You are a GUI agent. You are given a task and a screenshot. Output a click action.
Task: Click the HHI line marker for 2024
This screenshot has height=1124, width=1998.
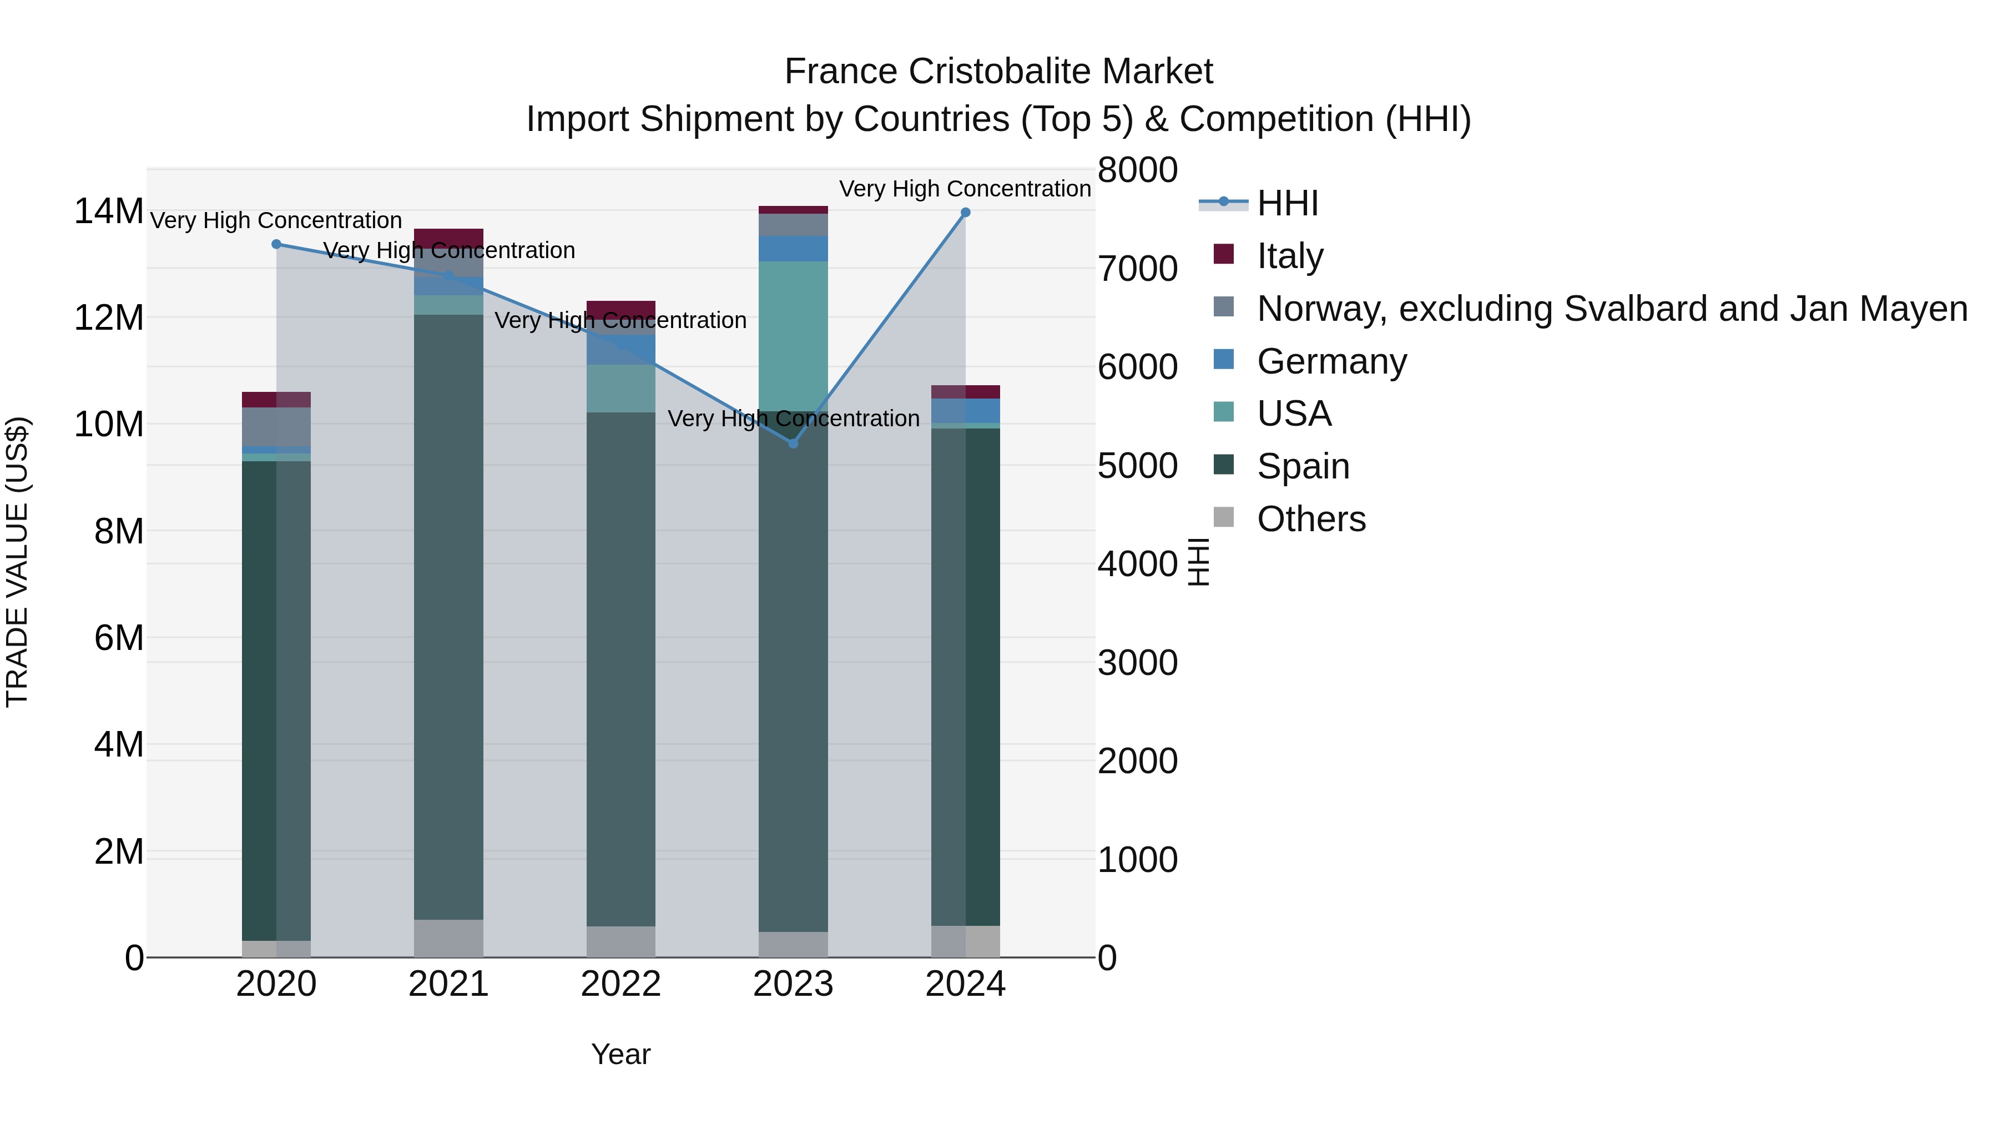tap(966, 213)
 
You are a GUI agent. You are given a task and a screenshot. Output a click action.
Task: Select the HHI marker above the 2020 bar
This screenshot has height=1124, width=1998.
tap(276, 244)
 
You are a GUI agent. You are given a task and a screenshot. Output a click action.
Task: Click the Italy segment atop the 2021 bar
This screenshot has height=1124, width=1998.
tap(448, 238)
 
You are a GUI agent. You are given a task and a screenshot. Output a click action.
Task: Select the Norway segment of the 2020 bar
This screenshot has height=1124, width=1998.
tap(276, 427)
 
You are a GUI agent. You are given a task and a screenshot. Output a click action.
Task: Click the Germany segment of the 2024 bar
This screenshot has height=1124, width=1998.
tap(966, 410)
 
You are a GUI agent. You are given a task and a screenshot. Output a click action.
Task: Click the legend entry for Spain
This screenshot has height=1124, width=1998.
tap(1303, 467)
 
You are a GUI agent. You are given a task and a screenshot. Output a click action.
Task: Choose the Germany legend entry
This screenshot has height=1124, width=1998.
tap(1331, 361)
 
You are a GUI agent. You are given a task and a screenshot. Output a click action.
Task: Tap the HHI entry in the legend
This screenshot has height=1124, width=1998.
tap(1288, 203)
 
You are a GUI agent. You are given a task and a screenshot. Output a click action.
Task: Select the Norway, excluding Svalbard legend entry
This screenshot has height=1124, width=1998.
tap(1612, 309)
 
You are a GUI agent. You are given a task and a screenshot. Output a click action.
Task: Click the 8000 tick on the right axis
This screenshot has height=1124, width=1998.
tap(1138, 170)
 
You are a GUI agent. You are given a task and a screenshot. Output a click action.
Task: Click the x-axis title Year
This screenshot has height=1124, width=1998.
tap(620, 1054)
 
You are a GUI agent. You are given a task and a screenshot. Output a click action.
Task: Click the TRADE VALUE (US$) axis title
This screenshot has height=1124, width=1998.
tap(17, 562)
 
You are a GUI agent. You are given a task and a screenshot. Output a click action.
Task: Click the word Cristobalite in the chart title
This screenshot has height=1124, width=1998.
tap(998, 72)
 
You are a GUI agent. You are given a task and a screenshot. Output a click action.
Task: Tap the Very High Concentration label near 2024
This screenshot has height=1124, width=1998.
tap(965, 189)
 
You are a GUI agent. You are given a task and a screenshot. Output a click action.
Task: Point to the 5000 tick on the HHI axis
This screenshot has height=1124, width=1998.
tap(1138, 466)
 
